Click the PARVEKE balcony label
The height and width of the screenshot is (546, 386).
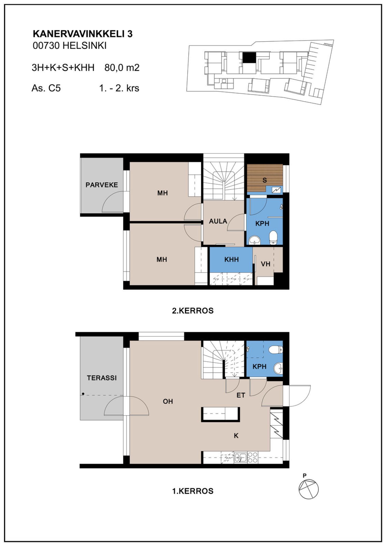[102, 185]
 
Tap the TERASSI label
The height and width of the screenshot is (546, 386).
[102, 378]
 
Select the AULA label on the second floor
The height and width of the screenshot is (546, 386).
[218, 221]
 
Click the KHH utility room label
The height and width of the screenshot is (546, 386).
[231, 259]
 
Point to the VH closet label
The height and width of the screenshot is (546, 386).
[265, 264]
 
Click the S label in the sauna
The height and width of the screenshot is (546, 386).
[265, 180]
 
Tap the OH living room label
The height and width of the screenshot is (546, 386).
[168, 401]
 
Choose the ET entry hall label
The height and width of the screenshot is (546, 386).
[241, 395]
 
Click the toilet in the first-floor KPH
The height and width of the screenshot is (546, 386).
[276, 350]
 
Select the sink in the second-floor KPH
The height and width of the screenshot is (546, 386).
[255, 240]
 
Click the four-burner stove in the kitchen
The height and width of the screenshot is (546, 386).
[253, 457]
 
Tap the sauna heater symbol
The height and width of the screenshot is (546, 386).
[277, 190]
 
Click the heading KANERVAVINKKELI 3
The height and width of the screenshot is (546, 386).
[83, 34]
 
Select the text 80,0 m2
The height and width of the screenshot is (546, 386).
[122, 68]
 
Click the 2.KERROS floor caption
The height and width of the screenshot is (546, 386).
[193, 311]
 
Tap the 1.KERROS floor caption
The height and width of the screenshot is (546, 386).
[193, 491]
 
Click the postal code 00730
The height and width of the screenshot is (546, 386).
[46, 46]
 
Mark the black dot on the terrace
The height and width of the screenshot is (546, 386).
[83, 394]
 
